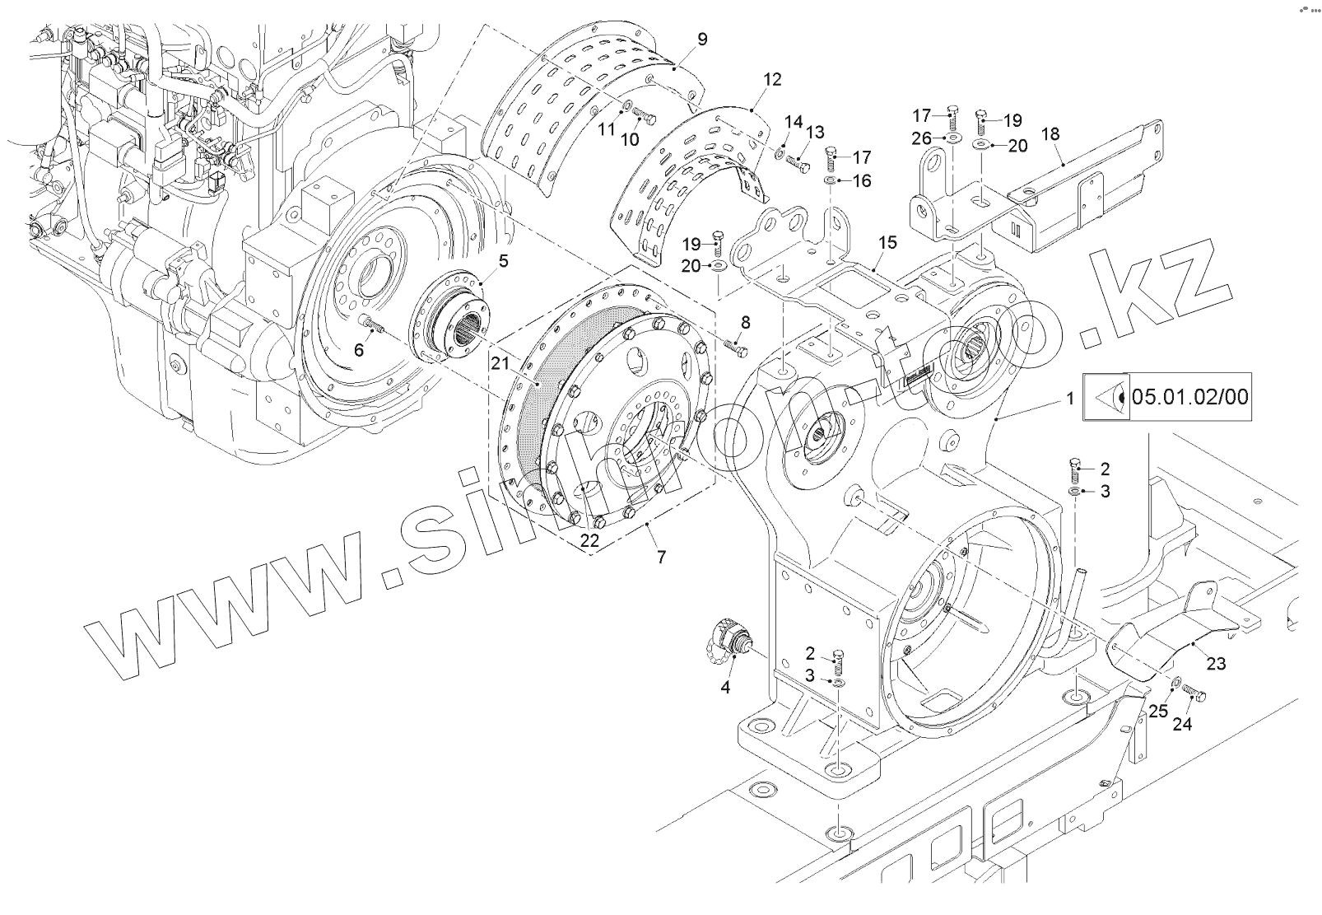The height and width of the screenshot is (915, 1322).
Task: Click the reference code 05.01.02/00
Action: point(1190,398)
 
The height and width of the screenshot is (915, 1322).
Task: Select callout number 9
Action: point(701,39)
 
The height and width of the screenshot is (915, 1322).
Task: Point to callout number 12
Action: point(772,80)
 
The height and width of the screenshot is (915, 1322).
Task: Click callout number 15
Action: point(887,243)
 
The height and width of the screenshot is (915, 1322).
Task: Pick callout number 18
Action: point(1050,134)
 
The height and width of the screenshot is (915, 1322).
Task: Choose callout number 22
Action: point(589,540)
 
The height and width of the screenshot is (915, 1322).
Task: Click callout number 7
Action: point(661,557)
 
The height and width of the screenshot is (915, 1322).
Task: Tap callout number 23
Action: point(1216,662)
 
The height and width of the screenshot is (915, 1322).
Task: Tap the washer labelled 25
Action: point(1175,682)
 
